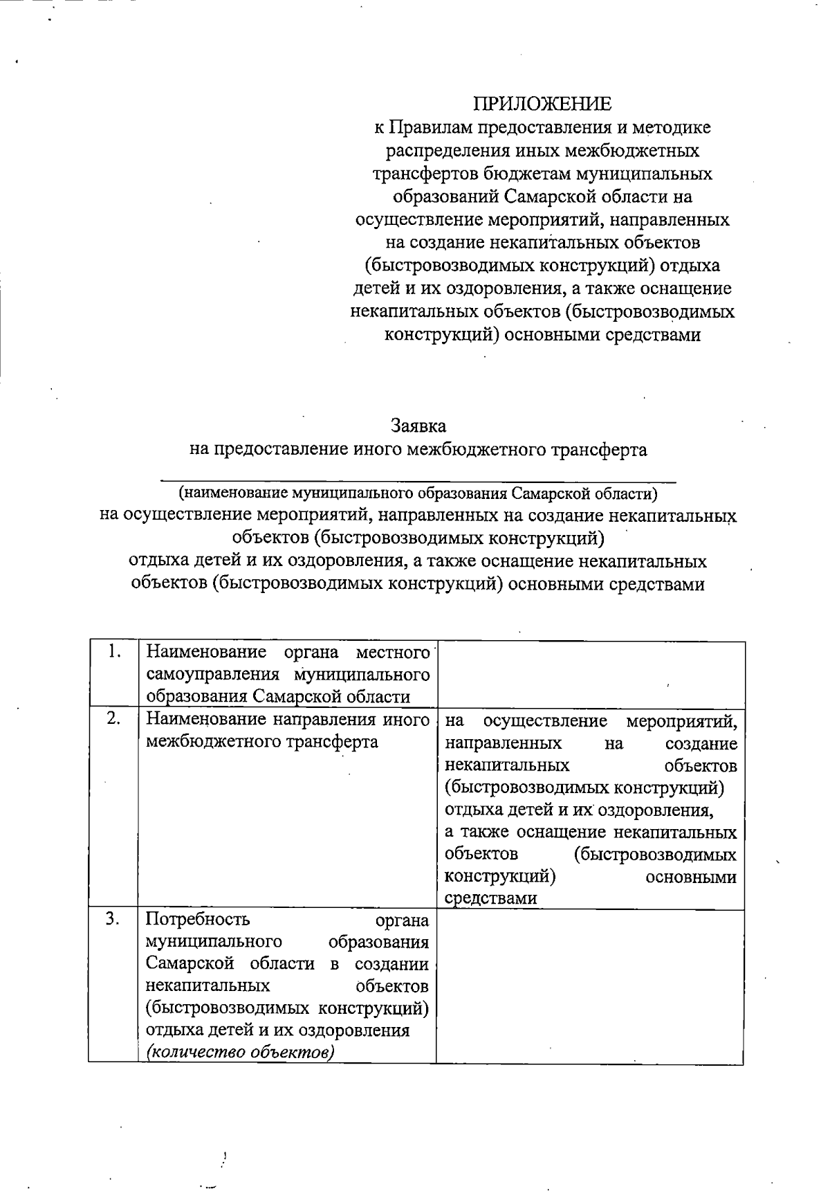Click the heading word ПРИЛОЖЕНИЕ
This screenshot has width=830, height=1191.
click(542, 104)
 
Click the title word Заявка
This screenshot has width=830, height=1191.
click(418, 425)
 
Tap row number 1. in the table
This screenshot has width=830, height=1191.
click(115, 652)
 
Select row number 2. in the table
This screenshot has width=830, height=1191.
click(115, 719)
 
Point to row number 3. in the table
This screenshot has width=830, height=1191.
click(114, 919)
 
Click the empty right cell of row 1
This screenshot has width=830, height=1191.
click(590, 673)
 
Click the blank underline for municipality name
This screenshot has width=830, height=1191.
click(418, 478)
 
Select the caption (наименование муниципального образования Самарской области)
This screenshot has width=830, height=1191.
click(418, 494)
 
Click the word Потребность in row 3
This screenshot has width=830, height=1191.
click(198, 920)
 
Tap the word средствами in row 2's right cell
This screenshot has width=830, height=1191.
click(490, 898)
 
